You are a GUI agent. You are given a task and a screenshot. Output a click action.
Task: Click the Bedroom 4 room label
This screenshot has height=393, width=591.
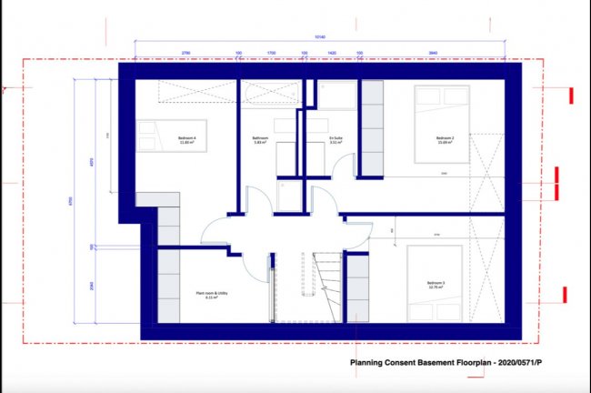[x=189, y=140]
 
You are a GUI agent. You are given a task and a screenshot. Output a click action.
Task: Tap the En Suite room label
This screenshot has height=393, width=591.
[x=336, y=140]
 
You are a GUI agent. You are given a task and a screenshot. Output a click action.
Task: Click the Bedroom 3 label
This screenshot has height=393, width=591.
[x=437, y=285]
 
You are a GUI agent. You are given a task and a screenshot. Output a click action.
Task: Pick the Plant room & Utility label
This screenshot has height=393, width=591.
[x=210, y=295]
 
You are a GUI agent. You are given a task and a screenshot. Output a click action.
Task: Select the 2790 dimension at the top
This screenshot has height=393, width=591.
[x=186, y=53]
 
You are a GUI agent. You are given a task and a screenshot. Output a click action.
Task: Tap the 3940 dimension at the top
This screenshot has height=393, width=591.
[x=433, y=53]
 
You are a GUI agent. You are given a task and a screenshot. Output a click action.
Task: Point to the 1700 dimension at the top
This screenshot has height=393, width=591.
[x=271, y=53]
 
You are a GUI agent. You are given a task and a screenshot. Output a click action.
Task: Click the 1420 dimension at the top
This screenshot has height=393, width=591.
[x=331, y=53]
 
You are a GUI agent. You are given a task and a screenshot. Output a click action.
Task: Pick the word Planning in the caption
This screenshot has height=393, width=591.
[x=370, y=367]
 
